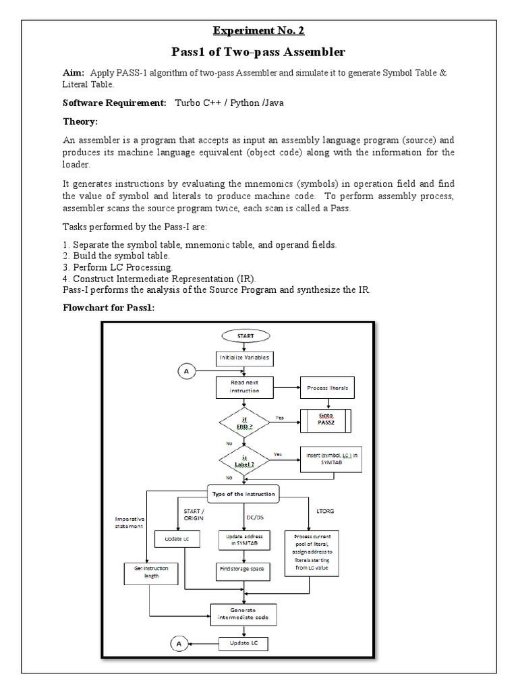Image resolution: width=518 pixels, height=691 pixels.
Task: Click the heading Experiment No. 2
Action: tap(260, 31)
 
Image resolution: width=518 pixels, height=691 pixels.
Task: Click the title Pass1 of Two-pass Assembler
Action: tap(260, 53)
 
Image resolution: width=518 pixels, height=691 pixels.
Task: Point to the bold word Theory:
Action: tap(80, 121)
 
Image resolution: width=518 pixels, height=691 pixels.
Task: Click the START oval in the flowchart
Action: tap(245, 335)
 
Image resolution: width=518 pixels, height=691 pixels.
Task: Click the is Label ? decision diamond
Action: tap(244, 461)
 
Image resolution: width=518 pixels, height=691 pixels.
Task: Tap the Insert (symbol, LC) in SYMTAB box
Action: tap(328, 461)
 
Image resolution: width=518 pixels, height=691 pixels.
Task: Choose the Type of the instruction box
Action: tap(244, 494)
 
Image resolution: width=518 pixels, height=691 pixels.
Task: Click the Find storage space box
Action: tap(243, 569)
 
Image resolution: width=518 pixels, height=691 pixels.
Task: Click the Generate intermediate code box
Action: tap(243, 613)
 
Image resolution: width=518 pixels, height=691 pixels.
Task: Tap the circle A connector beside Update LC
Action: tap(179, 644)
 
